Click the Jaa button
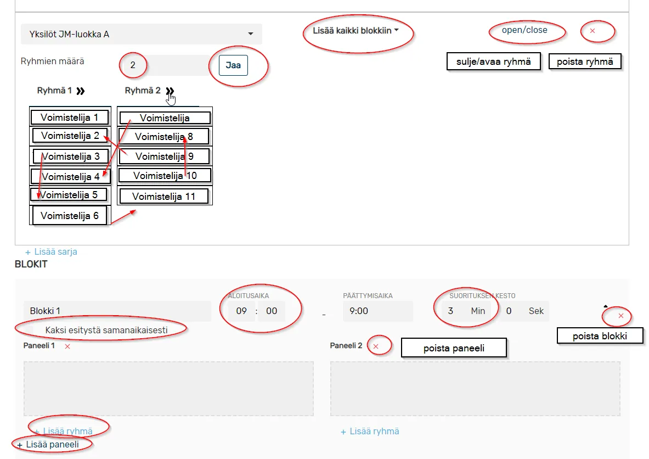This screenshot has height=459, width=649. pyautogui.click(x=233, y=65)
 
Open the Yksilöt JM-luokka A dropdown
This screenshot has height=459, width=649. pyautogui.click(x=141, y=34)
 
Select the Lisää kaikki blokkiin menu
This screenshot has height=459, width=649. pyautogui.click(x=355, y=31)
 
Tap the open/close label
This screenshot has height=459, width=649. pyautogui.click(x=524, y=30)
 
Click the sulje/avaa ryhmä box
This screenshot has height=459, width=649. pyautogui.click(x=493, y=61)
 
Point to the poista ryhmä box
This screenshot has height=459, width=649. pyautogui.click(x=585, y=61)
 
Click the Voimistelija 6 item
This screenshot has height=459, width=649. pyautogui.click(x=70, y=215)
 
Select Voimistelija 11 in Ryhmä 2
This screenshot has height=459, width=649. pyautogui.click(x=164, y=197)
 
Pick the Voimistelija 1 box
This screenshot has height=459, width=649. pyautogui.click(x=70, y=117)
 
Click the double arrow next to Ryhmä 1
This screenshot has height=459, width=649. pyautogui.click(x=81, y=91)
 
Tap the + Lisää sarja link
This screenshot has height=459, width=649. pyautogui.click(x=51, y=252)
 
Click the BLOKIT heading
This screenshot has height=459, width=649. pyautogui.click(x=31, y=264)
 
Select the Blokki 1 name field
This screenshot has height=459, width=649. pyautogui.click(x=117, y=311)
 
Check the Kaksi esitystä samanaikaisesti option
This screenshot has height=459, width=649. pyautogui.click(x=106, y=330)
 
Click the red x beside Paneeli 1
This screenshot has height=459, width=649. pyautogui.click(x=67, y=346)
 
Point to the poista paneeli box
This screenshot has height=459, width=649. pyautogui.click(x=454, y=348)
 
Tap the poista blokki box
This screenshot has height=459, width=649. pyautogui.click(x=600, y=336)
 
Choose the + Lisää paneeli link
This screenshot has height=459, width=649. pyautogui.click(x=48, y=445)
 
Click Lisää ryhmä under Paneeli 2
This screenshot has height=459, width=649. pyautogui.click(x=370, y=432)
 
